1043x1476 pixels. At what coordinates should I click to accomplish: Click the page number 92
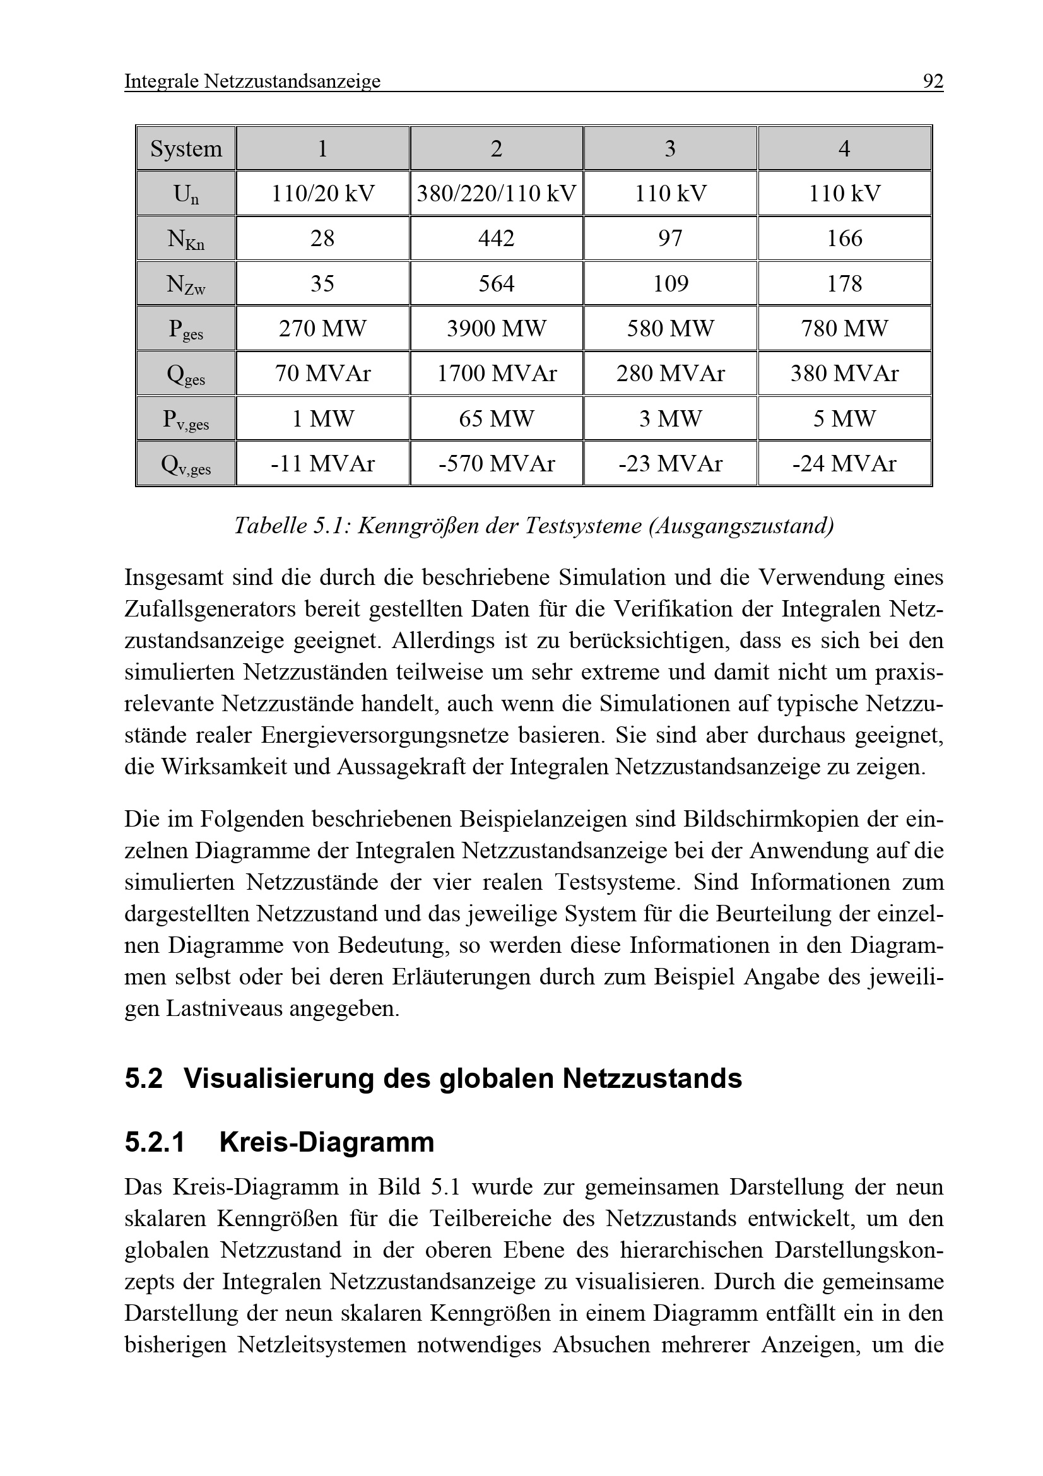coord(933,81)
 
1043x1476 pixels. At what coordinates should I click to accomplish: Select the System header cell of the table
coord(186,148)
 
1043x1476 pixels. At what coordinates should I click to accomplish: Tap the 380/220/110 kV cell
coord(496,194)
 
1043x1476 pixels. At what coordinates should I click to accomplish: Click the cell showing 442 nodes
coord(496,239)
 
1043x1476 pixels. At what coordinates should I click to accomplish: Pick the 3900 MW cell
coord(496,329)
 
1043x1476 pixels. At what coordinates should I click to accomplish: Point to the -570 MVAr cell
coord(496,464)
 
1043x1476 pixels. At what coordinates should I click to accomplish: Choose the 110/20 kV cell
coord(322,194)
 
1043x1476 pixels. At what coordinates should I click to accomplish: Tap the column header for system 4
coord(844,148)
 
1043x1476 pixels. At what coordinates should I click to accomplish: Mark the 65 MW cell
coord(496,418)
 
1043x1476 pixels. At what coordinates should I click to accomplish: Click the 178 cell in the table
coord(844,283)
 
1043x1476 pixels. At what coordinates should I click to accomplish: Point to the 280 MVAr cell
coord(670,374)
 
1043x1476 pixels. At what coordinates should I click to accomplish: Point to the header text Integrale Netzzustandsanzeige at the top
coord(252,81)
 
